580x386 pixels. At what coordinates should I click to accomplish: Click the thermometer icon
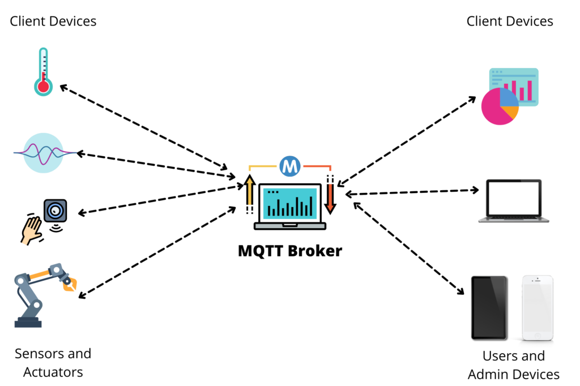(x=43, y=72)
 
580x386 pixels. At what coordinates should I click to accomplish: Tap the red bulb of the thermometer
(x=43, y=87)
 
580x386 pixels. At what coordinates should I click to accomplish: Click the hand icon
(x=31, y=231)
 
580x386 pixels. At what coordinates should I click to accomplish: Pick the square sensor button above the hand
(x=56, y=211)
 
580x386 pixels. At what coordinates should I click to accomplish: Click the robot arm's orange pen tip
(x=70, y=283)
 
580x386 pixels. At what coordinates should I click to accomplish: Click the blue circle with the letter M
(x=290, y=166)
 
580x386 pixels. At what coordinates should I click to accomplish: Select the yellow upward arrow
(x=250, y=191)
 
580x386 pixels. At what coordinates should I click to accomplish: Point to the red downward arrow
(x=330, y=198)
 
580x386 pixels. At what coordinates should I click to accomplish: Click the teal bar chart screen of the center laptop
(x=290, y=203)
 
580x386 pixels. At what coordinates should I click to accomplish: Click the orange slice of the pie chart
(x=512, y=112)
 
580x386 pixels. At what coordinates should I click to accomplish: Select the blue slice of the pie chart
(x=508, y=97)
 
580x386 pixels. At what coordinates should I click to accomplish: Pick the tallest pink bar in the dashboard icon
(x=530, y=90)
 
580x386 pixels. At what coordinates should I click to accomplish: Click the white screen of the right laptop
(x=514, y=198)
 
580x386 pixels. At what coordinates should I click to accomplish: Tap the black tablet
(x=488, y=307)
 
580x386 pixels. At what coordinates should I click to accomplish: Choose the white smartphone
(x=538, y=307)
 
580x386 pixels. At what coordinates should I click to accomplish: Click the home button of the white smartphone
(x=538, y=335)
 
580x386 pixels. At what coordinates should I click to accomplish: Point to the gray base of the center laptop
(x=290, y=226)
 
